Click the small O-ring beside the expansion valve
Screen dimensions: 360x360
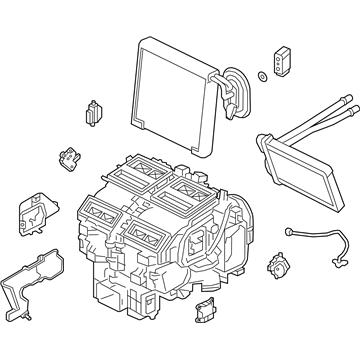click(261, 76)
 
